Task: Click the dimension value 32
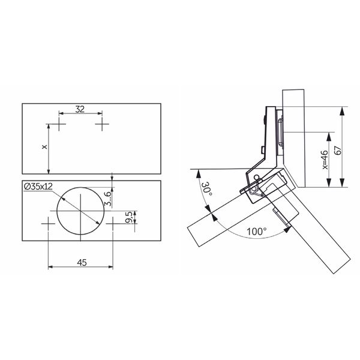[x=80, y=109]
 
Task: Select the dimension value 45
[x=82, y=262]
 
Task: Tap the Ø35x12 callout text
[x=38, y=187]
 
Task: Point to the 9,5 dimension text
[x=129, y=217]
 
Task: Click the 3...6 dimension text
[x=107, y=199]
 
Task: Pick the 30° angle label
[x=207, y=189]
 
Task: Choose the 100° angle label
[x=257, y=232]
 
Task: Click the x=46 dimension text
[x=325, y=160]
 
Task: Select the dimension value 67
[x=338, y=150]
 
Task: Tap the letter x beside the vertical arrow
[x=44, y=147]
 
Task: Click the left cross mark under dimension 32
[x=59, y=124]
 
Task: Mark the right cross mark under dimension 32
[x=102, y=124]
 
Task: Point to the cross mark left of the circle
[x=48, y=223]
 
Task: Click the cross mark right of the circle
[x=113, y=223]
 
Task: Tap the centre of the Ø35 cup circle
[x=80, y=211]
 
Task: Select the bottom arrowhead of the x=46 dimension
[x=329, y=182]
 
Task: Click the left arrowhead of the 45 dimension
[x=51, y=267]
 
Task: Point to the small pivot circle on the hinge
[x=257, y=178]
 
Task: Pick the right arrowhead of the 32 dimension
[x=100, y=113]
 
